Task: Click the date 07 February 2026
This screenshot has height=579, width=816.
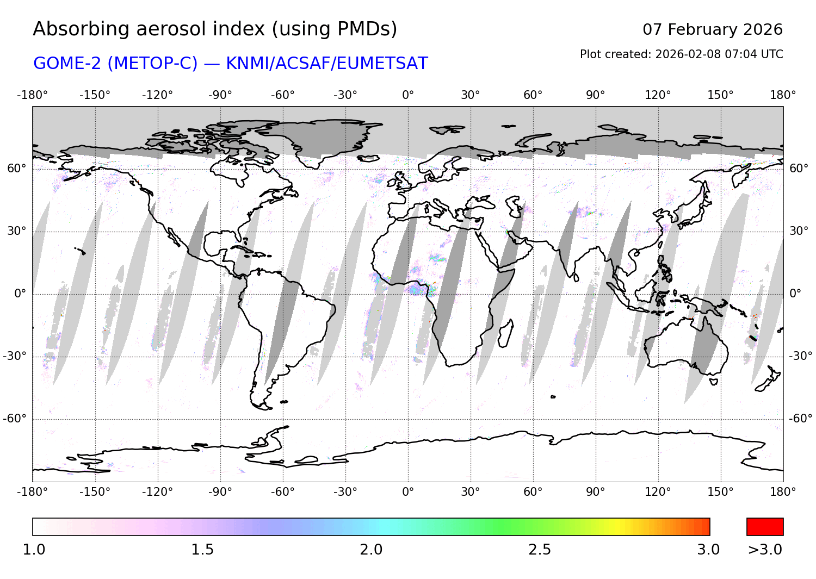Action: [712, 29]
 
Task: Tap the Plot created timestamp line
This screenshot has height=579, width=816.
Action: [681, 54]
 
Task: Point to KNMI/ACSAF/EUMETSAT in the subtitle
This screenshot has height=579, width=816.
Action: [326, 64]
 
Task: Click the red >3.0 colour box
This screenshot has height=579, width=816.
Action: [764, 527]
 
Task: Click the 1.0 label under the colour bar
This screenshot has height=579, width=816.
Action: [34, 550]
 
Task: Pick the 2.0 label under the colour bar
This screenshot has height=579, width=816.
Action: [371, 550]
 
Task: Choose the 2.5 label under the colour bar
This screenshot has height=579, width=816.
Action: [540, 550]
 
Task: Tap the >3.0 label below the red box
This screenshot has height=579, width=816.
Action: [764, 550]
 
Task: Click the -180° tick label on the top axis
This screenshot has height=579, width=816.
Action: [33, 95]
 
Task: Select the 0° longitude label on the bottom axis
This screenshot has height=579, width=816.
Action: [408, 492]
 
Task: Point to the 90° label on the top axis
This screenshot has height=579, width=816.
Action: [595, 95]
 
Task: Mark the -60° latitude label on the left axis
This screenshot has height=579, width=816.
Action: [15, 419]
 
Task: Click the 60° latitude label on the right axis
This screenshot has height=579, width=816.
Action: [799, 169]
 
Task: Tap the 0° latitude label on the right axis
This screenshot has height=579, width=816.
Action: [795, 294]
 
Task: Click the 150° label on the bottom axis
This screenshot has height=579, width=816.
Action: [720, 492]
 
